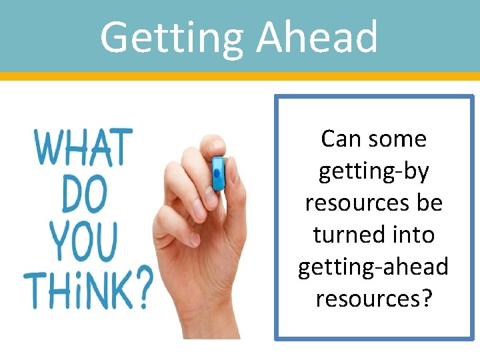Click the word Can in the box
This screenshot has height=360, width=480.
[342, 139]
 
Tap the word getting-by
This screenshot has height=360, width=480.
[373, 171]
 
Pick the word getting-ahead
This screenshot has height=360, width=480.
[373, 267]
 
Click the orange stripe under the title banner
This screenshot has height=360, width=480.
[240, 76]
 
